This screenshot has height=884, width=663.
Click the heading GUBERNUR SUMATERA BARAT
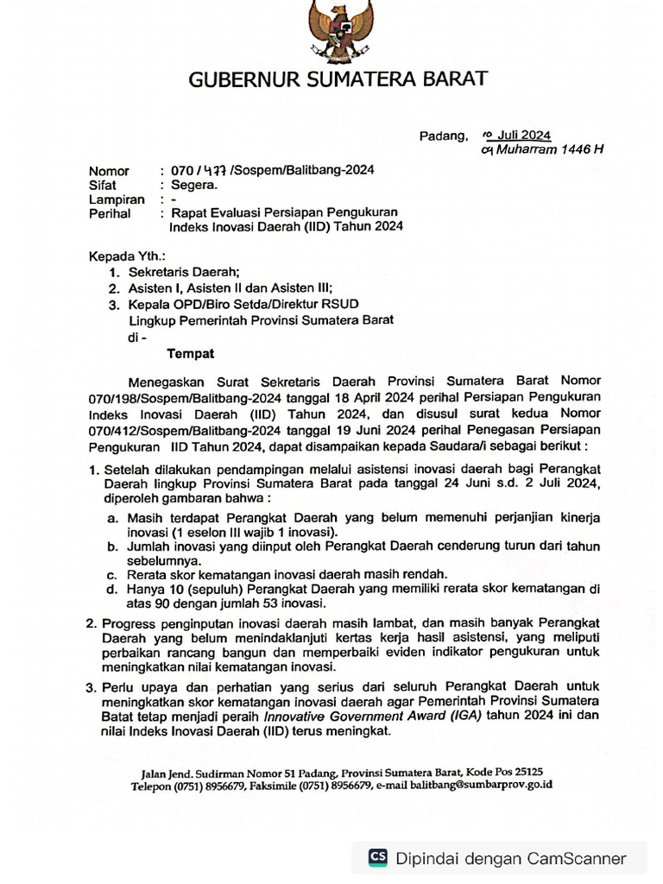coord(338,80)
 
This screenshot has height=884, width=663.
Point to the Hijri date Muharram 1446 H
coord(549,149)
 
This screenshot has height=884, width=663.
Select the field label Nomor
coord(109,171)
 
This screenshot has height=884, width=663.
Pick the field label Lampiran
coord(116,199)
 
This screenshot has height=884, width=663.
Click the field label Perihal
coord(110,212)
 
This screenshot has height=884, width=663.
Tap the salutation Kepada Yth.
coord(126,256)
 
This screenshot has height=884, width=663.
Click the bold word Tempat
coord(190,353)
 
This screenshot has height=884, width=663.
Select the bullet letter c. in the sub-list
coord(112,574)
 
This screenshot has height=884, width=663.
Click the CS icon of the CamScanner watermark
coord(377,857)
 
